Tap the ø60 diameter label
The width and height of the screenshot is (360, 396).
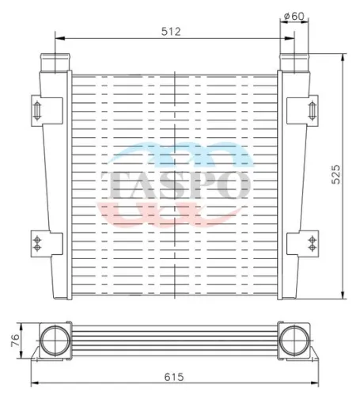click(x=294, y=14)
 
